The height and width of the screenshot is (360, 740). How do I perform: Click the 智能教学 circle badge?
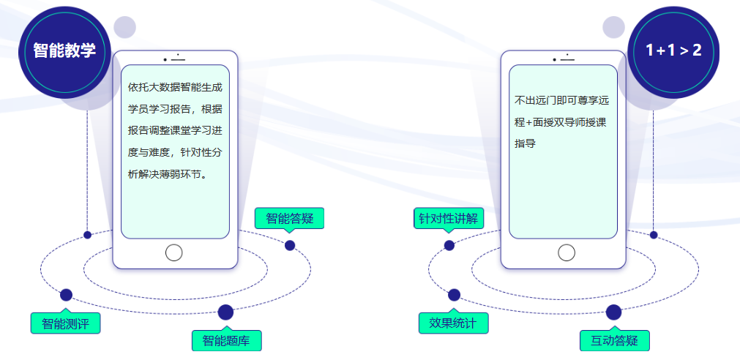64,50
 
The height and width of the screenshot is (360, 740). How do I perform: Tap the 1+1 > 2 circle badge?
673,50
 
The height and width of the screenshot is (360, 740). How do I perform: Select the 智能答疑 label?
289,218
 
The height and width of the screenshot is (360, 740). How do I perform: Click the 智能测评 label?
65,323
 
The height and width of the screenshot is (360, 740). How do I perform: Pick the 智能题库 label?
226,340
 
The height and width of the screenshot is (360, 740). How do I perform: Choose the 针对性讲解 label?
448,218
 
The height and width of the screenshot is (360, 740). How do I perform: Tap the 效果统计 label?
453,323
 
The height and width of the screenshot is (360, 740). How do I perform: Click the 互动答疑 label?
615,340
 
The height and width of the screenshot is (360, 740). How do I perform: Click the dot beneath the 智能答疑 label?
290,245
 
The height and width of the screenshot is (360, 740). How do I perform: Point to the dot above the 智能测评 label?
66,295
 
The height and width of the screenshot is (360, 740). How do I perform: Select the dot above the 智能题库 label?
225,312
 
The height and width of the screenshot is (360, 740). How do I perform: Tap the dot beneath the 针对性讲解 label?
449,245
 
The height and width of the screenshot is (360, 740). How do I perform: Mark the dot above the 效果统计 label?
454,295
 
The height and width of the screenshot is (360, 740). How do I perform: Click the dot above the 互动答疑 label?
613,312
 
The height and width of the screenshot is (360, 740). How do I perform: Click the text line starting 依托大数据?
175,87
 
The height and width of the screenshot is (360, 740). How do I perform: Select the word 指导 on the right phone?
525,143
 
